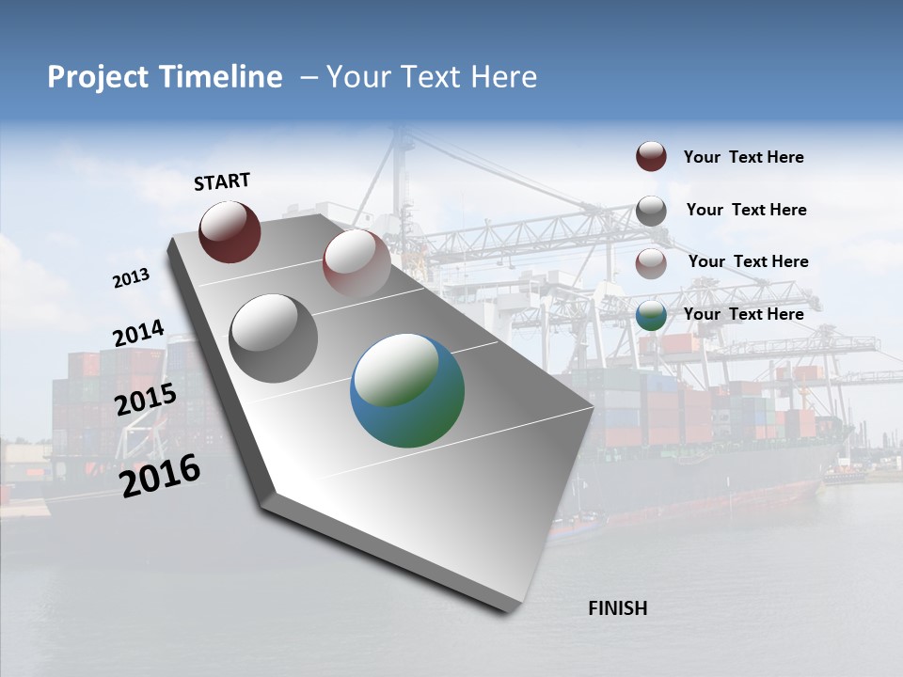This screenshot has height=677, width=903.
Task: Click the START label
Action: (222, 181)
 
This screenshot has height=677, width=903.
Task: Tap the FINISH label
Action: (617, 608)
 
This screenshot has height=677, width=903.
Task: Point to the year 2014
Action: (138, 334)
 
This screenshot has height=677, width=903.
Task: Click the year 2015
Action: (145, 399)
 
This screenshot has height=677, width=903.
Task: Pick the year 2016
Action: (160, 475)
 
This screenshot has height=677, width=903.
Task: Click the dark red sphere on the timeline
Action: (230, 231)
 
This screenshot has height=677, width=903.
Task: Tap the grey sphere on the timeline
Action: (273, 338)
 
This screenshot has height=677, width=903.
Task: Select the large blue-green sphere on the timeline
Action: (406, 390)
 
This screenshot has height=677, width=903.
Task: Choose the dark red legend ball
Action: (651, 156)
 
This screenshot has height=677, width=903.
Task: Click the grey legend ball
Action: (651, 210)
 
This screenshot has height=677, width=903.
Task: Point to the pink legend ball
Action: (651, 262)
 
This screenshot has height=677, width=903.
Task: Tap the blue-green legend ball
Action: (651, 315)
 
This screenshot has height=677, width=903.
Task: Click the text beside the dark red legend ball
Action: (743, 157)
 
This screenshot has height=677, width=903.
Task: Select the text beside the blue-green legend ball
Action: (743, 314)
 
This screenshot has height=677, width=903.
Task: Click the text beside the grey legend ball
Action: (746, 210)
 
